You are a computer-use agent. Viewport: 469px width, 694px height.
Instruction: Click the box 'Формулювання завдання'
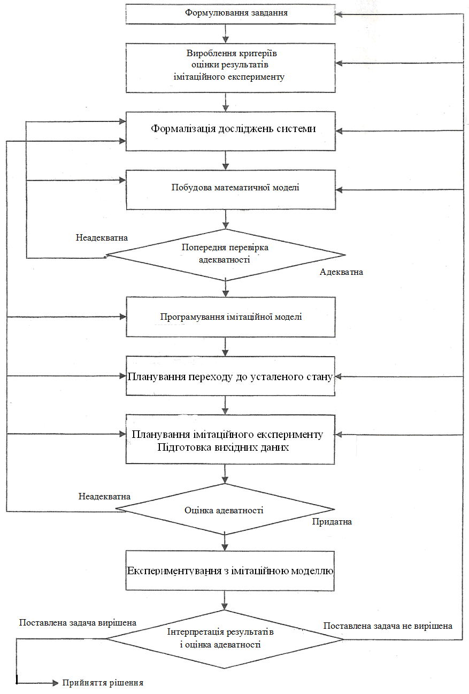230,13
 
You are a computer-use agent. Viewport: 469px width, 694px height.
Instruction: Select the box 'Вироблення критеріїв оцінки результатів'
230,67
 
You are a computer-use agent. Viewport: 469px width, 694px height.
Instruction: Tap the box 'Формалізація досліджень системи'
230,131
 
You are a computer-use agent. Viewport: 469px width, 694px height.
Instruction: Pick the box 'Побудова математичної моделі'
230,190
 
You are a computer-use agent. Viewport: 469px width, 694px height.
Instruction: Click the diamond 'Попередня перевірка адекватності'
226,255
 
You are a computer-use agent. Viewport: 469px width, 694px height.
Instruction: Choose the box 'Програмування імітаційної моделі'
230,317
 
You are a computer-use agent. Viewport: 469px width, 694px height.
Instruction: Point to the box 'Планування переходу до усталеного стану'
230,376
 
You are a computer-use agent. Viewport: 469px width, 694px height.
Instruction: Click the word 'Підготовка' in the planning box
181,448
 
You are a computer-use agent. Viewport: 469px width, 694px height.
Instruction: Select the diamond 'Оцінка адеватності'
225,509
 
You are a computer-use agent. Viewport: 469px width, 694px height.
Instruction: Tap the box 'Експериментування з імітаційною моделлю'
230,570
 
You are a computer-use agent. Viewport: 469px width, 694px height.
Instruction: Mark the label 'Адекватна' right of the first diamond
341,272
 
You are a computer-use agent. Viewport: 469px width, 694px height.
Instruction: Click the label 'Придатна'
332,522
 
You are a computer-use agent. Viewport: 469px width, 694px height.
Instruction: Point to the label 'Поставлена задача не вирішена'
388,626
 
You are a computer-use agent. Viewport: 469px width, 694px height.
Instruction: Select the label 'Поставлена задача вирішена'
78,623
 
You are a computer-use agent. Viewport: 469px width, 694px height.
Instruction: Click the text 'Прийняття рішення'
103,683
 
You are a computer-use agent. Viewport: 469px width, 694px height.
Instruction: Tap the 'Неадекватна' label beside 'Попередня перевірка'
102,237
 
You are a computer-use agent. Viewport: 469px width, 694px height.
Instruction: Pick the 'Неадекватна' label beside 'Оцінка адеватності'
104,496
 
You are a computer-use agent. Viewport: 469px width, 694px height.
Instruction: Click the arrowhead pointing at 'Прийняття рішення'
56,683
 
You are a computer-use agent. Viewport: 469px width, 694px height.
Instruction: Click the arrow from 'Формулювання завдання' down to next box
226,34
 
